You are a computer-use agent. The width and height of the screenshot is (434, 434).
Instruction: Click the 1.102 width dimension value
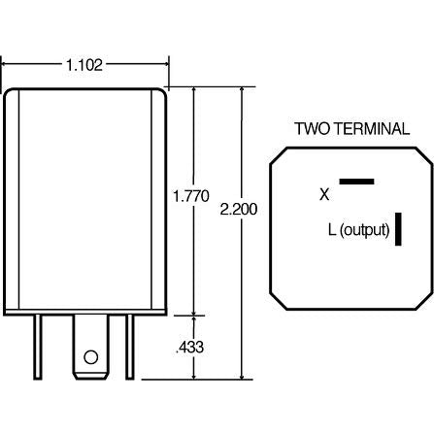(x=84, y=65)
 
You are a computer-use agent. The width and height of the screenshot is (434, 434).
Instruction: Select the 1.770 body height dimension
(x=190, y=196)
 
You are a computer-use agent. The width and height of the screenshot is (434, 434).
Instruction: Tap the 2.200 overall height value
(x=240, y=209)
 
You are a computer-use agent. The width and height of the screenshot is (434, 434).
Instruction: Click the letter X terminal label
(x=324, y=194)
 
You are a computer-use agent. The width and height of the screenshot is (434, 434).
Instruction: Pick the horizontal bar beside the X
(x=356, y=181)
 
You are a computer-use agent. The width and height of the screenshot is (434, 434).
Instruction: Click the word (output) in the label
(x=364, y=230)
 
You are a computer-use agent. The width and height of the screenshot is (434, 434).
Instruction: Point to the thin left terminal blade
(x=40, y=351)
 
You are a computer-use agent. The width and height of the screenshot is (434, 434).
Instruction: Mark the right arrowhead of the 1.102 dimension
(x=165, y=65)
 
